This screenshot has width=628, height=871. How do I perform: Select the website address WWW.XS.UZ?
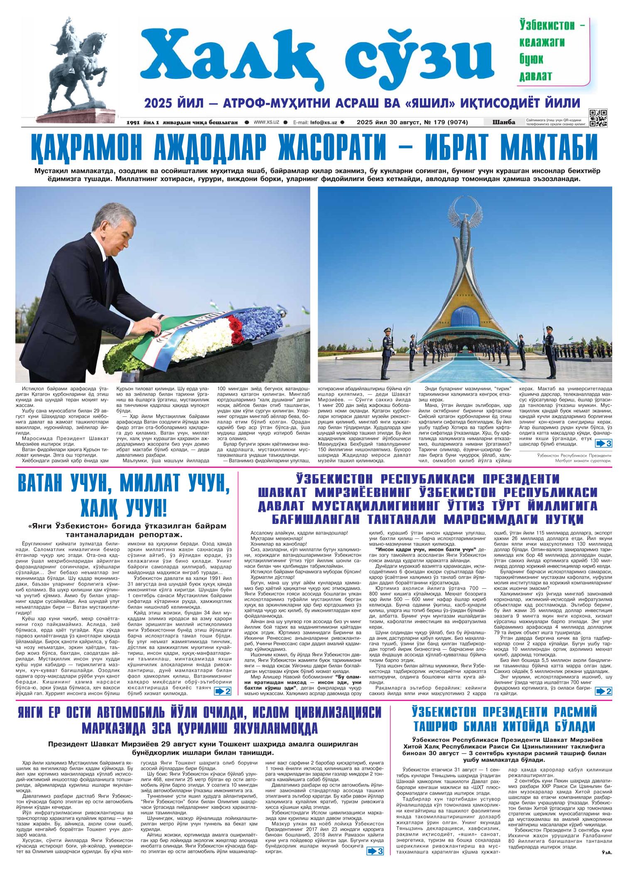tap(266, 122)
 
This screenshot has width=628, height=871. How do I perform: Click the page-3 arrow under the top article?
tap(603, 444)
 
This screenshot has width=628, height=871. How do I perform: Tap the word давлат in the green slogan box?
tap(535, 76)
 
